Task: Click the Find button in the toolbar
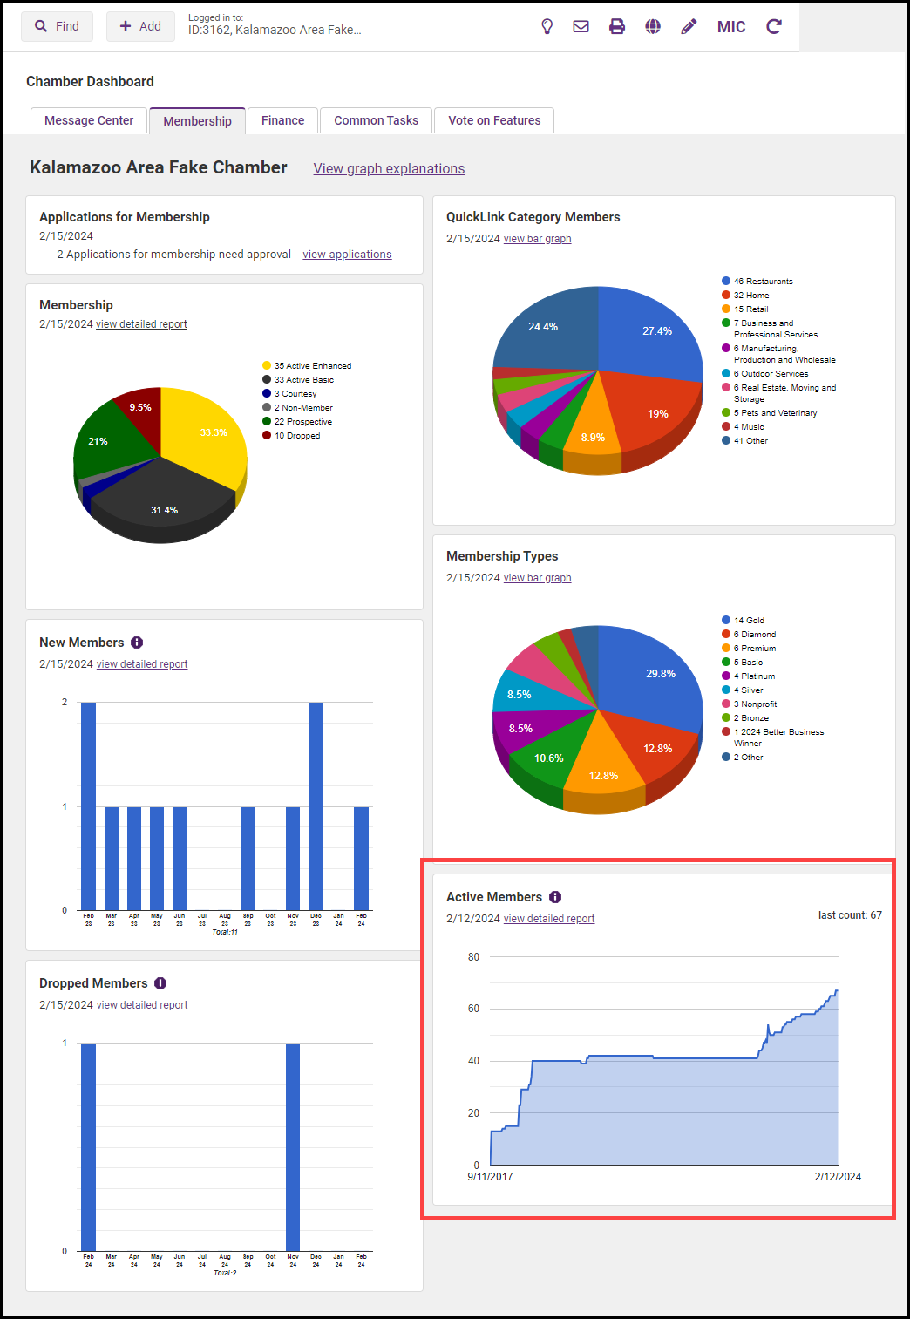pos(57,26)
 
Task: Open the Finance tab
pos(282,120)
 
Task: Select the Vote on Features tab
pos(494,120)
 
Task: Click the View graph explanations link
pos(389,168)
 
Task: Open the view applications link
pos(347,255)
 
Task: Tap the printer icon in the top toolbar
pos(617,26)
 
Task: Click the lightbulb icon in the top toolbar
pos(547,26)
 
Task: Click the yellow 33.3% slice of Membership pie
pos(209,436)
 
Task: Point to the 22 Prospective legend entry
pos(302,422)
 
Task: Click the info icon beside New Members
pos(137,643)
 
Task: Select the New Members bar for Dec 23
pos(316,806)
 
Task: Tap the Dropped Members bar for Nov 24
pos(293,1146)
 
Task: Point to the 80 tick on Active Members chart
pos(473,957)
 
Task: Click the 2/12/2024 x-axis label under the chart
pos(838,1177)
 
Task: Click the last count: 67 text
pos(850,915)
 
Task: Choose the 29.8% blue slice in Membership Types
pos(654,676)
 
